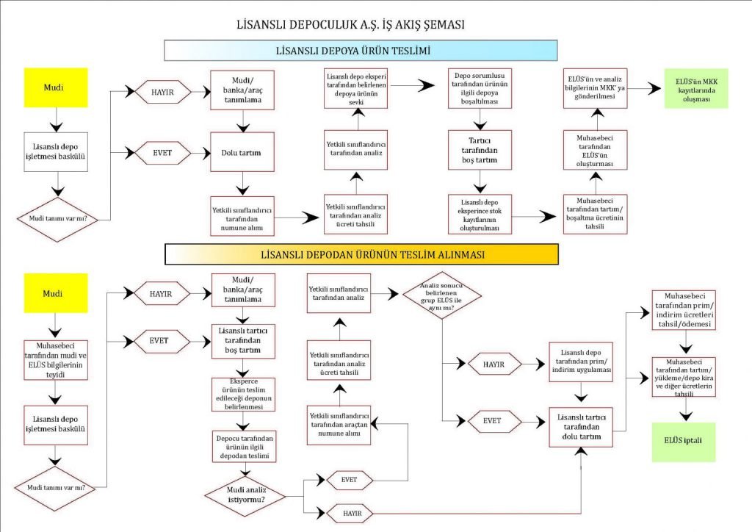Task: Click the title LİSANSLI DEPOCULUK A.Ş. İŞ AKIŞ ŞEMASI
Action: [350, 24]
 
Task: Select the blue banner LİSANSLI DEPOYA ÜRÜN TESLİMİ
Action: [361, 51]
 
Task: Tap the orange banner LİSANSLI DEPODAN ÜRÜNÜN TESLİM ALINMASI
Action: [361, 254]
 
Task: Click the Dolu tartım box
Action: [242, 152]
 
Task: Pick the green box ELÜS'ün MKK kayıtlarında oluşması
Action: [696, 88]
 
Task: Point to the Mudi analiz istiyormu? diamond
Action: [245, 496]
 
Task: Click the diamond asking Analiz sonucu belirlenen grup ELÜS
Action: [441, 296]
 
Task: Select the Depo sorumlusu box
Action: [480, 88]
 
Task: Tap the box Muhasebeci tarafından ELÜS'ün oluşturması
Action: [595, 150]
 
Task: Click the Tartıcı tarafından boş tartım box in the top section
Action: [480, 150]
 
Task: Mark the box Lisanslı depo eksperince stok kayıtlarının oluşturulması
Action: [480, 214]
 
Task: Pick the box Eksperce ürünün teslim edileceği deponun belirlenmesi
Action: [244, 395]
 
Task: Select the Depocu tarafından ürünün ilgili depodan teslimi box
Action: [244, 447]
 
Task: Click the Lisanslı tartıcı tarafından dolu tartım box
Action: [581, 427]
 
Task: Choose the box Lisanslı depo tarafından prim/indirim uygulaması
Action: [581, 362]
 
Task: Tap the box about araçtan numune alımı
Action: [339, 425]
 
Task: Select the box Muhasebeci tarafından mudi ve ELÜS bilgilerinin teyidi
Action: [56, 360]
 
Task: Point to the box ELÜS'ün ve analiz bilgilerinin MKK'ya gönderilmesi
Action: [595, 88]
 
